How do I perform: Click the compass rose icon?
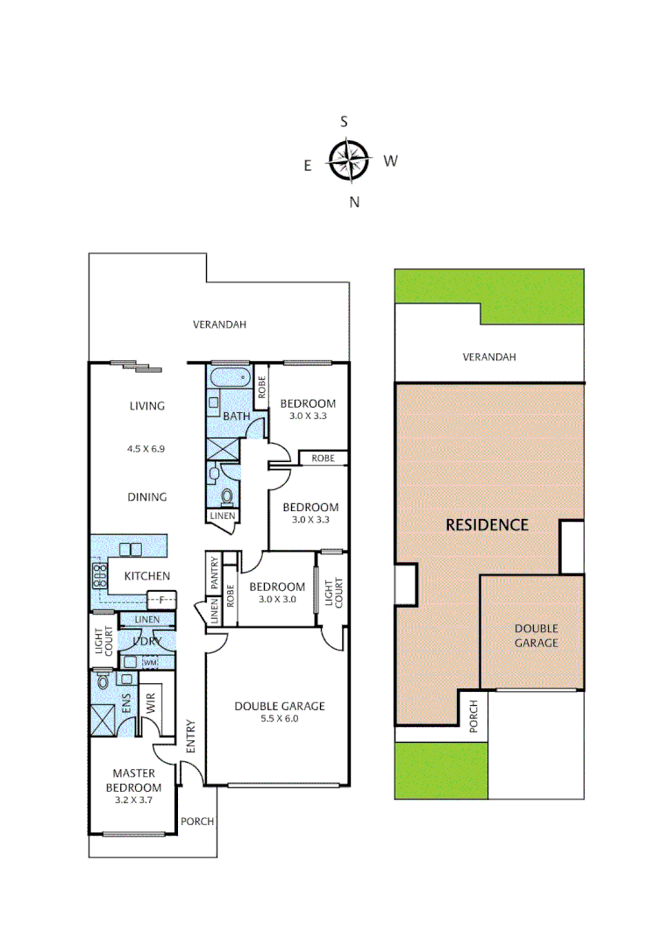(x=348, y=160)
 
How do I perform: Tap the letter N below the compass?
(x=354, y=203)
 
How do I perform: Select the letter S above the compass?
(x=345, y=122)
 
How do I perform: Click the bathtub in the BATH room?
(x=231, y=381)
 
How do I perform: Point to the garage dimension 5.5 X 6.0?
(x=279, y=718)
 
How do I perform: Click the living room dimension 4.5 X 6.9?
(x=146, y=448)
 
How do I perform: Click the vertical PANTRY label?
(x=213, y=573)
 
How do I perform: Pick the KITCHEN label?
(x=146, y=576)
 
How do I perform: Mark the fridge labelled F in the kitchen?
(x=160, y=600)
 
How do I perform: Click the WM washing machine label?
(x=150, y=662)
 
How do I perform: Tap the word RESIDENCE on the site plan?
(x=487, y=525)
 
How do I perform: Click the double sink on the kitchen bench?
(x=131, y=550)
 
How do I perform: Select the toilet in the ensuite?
(x=103, y=680)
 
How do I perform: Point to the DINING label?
(x=146, y=497)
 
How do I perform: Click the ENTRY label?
(x=189, y=737)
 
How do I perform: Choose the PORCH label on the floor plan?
(x=196, y=822)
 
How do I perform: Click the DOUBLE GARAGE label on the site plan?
(x=536, y=636)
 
